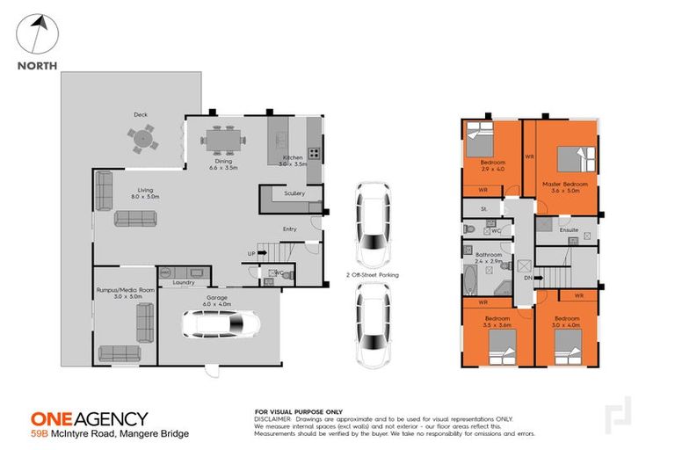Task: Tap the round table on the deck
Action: point(141,137)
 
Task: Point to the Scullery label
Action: point(294,193)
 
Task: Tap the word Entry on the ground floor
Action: point(289,229)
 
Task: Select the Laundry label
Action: point(183,282)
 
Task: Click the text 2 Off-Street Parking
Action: point(373,275)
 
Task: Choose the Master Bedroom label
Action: point(563,183)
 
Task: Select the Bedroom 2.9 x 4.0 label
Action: point(492,166)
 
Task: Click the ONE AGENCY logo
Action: point(89,418)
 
